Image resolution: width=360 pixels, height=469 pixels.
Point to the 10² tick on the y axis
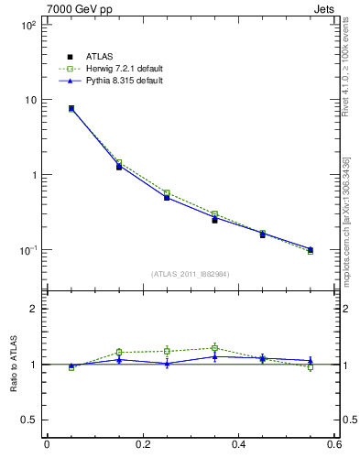coord(29,25)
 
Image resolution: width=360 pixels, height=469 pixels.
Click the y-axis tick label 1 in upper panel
coord(34,175)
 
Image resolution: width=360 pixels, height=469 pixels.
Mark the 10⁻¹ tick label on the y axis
coord(29,249)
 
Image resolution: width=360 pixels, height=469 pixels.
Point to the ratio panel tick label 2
coord(34,309)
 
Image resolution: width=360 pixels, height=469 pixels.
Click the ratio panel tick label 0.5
coord(30,420)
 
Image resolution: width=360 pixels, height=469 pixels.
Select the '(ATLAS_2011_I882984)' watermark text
coord(190,273)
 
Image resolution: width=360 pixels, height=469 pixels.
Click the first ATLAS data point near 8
coord(71,108)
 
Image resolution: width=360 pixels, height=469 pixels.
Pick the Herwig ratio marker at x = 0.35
coord(214,348)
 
